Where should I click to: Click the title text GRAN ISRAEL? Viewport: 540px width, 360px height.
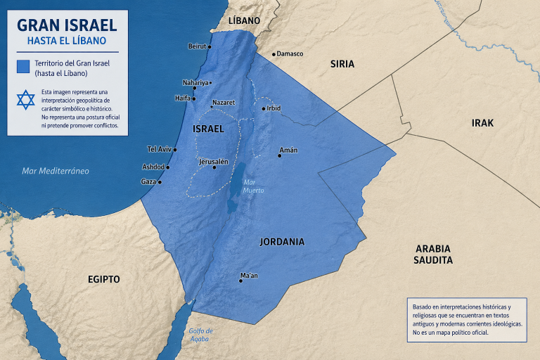(x=67, y=25)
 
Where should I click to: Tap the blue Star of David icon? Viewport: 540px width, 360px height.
(x=25, y=100)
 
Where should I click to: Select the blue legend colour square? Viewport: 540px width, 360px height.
(x=23, y=67)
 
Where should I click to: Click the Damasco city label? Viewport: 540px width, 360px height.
(x=290, y=53)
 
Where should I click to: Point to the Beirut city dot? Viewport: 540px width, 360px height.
(x=210, y=46)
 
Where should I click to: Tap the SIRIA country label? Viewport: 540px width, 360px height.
(x=342, y=64)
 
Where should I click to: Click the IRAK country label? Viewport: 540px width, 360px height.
(x=482, y=123)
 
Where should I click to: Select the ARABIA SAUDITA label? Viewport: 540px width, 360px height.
(x=433, y=254)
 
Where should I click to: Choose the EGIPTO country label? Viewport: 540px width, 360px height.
(x=104, y=279)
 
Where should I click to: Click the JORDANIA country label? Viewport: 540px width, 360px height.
(x=282, y=241)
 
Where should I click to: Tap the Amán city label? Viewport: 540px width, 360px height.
(x=288, y=150)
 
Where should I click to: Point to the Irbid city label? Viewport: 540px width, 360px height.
(x=274, y=108)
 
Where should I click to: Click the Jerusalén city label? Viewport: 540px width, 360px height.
(x=214, y=161)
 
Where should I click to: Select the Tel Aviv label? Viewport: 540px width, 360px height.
(x=160, y=149)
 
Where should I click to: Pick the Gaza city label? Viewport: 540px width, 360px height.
(x=148, y=181)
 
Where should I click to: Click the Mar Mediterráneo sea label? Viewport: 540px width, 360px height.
(x=56, y=171)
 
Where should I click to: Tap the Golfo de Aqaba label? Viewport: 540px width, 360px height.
(x=200, y=335)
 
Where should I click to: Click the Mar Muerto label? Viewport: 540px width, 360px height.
(x=253, y=186)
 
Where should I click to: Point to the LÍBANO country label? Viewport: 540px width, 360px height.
(x=245, y=21)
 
